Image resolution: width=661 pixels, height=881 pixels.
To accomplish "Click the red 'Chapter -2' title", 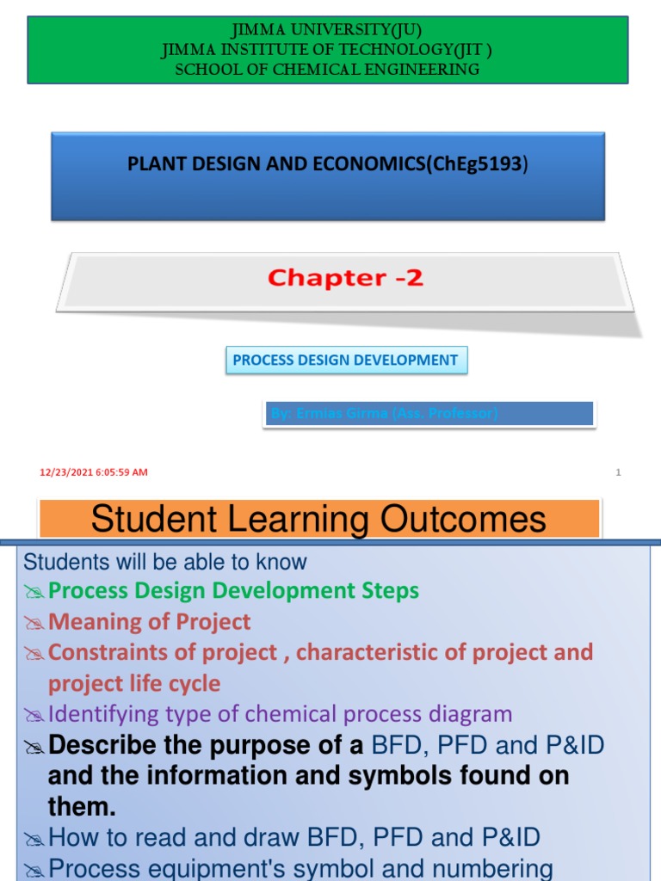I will (x=345, y=278).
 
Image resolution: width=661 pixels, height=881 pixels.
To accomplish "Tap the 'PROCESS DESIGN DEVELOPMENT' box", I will (x=346, y=360).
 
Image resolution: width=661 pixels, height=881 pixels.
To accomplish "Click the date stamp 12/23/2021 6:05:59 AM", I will (x=94, y=472).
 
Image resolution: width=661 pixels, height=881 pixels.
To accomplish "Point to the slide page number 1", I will (x=618, y=472).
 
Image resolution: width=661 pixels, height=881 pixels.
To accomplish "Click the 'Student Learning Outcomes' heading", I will (x=318, y=520).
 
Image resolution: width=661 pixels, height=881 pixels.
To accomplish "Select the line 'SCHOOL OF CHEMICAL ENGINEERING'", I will (x=327, y=70).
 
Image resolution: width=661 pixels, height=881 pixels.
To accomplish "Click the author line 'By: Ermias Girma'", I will (x=384, y=414).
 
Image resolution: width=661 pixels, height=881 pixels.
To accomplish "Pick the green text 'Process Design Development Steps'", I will (x=233, y=591).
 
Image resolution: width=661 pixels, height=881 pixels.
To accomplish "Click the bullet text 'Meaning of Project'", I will (x=149, y=622).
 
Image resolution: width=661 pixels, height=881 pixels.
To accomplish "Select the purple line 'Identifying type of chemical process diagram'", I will (x=280, y=714).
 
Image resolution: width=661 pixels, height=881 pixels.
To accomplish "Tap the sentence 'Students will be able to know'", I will (x=164, y=563).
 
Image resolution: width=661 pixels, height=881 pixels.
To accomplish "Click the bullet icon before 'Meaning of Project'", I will (x=34, y=623).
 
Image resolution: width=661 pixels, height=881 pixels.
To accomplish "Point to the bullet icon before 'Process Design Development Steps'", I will (x=34, y=592).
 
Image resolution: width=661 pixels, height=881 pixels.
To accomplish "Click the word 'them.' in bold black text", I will (x=82, y=806).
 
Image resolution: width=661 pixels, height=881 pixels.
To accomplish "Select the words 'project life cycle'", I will (x=134, y=684).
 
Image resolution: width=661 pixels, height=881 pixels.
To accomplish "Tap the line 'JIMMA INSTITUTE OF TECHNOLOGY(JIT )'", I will (x=327, y=51).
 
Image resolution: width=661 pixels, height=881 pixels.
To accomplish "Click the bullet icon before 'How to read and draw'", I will (x=34, y=838).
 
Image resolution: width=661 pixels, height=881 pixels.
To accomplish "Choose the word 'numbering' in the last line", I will (x=487, y=868).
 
